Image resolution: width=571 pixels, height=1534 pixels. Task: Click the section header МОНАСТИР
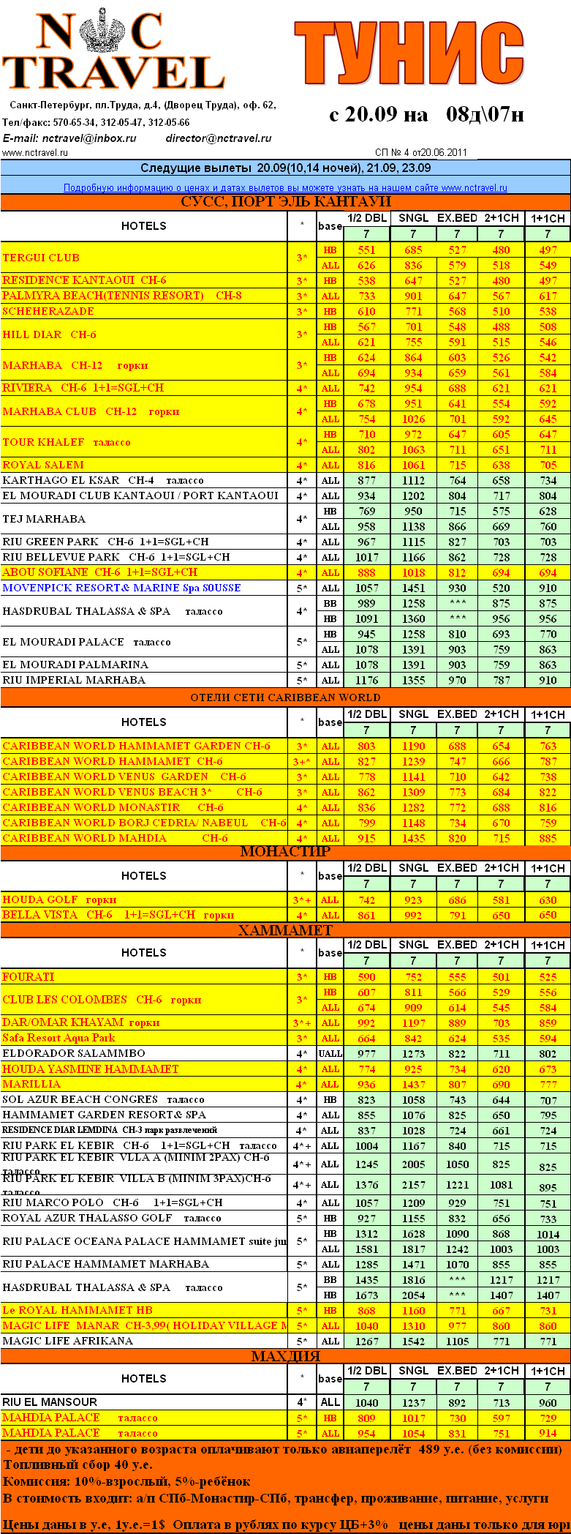285,852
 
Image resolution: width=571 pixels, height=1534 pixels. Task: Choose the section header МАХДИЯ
285,1356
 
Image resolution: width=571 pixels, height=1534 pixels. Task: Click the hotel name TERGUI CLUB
41,258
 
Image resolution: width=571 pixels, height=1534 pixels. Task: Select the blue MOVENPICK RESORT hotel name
121,588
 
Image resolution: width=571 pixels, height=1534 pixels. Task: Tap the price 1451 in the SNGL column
413,588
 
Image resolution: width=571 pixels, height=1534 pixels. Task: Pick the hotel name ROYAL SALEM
43,465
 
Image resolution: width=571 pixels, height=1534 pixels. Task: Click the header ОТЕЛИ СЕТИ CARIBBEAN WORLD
285,697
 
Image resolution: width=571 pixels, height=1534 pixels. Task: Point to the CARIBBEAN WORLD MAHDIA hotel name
85,838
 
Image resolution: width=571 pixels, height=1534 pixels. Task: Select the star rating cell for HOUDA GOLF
302,900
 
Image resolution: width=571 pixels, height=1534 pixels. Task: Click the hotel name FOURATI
29,977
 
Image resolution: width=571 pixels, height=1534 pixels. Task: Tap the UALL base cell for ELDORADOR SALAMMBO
330,1054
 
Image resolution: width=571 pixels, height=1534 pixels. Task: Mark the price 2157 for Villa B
413,1185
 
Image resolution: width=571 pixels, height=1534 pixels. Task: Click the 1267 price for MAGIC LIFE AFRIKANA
366,1342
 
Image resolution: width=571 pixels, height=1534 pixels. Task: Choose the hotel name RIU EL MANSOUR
50,1402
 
